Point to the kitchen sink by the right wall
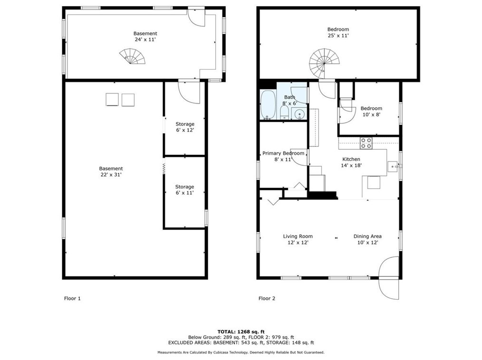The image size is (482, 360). tap(393, 166)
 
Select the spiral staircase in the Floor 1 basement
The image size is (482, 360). tap(132, 57)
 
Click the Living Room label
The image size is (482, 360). tap(298, 236)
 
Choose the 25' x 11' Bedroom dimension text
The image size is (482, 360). tap(338, 36)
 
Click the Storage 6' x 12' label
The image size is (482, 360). tap(184, 127)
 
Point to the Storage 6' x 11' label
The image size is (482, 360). tap(184, 189)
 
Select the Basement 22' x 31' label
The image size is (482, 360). tap(111, 171)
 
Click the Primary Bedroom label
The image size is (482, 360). tap(283, 153)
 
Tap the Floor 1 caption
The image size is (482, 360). tap(72, 299)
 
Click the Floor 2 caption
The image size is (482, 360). tap(267, 299)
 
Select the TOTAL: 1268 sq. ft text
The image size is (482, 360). tap(241, 332)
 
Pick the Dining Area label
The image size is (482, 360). tap(367, 236)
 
